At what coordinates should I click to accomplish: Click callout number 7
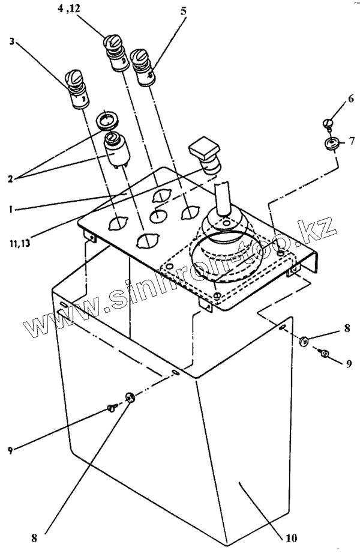click(352, 142)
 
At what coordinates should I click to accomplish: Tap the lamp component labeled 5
click(142, 68)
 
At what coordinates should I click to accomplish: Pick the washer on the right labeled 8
click(304, 342)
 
